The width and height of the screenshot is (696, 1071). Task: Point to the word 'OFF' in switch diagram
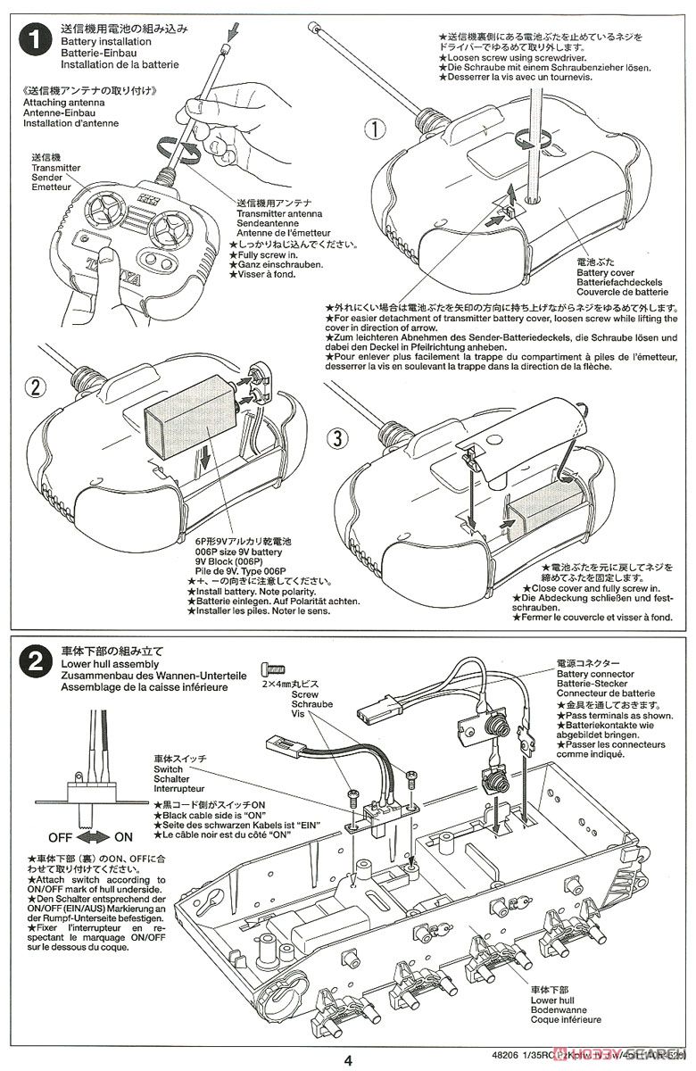tap(59, 838)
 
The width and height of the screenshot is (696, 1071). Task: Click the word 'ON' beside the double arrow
tap(123, 838)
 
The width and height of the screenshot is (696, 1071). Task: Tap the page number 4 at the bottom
tap(348, 1060)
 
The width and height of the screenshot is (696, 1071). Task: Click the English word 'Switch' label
tap(168, 768)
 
